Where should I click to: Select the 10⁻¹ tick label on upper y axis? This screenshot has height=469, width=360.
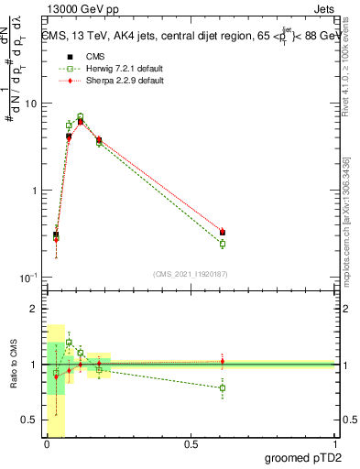[27, 278]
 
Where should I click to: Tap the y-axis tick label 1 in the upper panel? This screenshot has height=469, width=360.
[33, 191]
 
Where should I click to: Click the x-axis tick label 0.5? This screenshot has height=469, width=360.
[191, 444]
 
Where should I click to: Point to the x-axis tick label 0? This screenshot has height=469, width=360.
[47, 444]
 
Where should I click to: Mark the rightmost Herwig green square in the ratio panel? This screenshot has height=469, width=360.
[223, 388]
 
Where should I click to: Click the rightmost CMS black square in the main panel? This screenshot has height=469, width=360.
[223, 233]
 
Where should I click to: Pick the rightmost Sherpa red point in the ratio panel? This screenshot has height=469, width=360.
[223, 361]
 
